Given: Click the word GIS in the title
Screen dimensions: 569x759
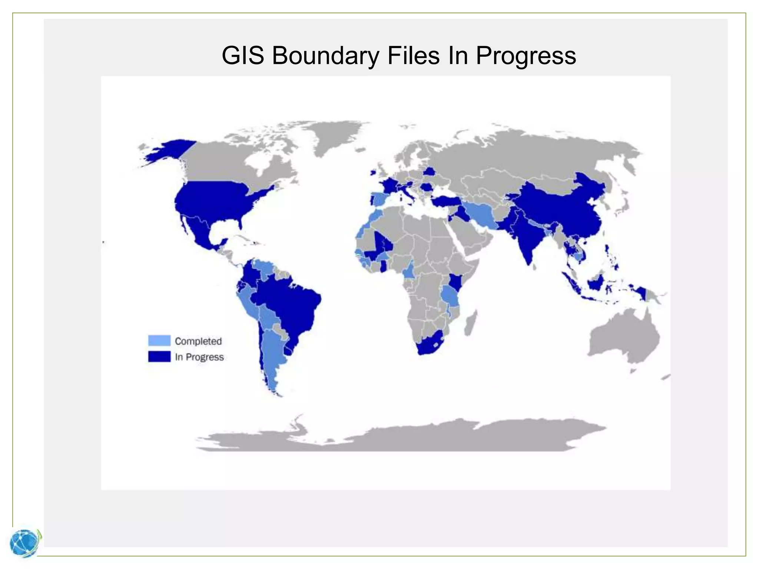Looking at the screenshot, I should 242,56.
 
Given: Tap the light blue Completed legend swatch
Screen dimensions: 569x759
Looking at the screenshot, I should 159,340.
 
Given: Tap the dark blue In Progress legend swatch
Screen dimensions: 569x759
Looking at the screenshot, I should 159,356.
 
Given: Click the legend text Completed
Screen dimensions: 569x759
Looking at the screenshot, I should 198,341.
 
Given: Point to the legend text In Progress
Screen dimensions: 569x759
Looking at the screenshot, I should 199,357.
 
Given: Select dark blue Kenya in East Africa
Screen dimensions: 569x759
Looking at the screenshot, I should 455,283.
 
